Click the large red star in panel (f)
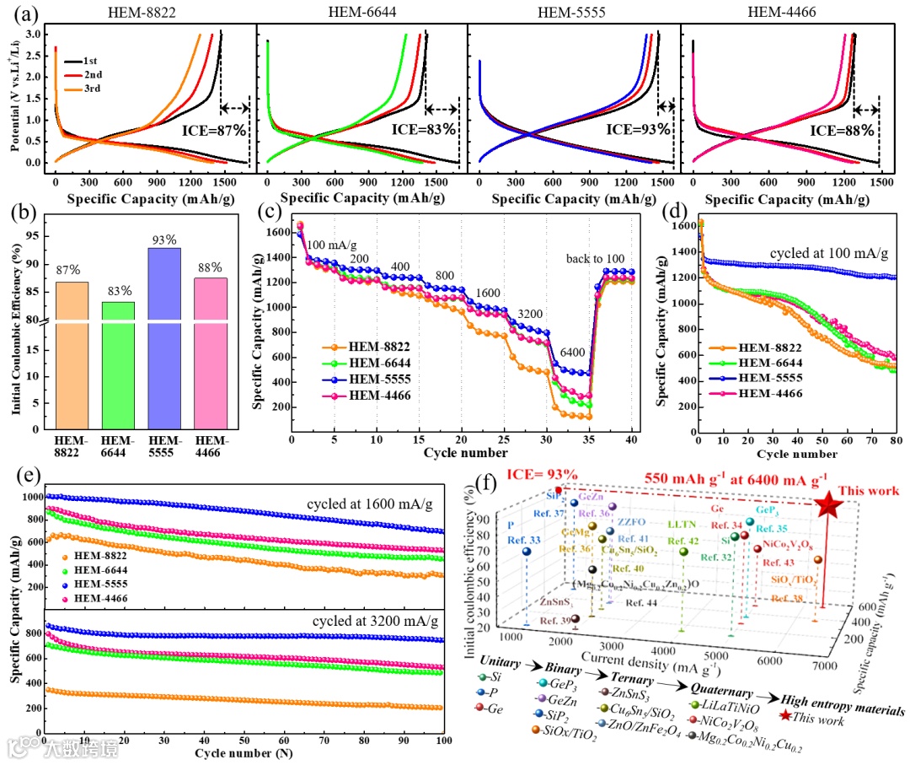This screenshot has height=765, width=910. pos(828,505)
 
